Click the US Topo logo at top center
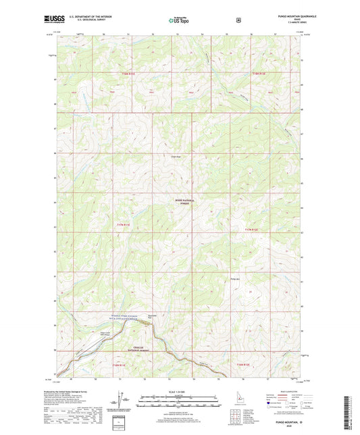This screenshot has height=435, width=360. tap(180, 20)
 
